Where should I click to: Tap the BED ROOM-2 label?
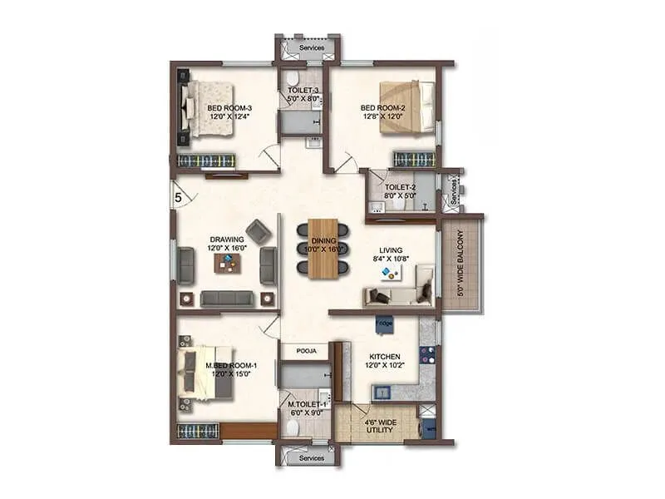[382, 107]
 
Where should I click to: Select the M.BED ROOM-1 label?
[232, 365]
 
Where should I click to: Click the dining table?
[323, 249]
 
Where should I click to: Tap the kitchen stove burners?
[427, 356]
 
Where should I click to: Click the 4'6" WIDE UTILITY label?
[380, 427]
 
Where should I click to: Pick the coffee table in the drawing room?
[227, 263]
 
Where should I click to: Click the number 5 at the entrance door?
[179, 198]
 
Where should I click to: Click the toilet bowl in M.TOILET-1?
[292, 427]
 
